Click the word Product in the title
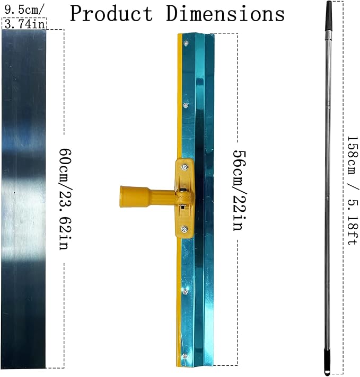pos(111,13)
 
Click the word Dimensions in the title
pos(225,13)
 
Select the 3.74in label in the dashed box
pos(24,24)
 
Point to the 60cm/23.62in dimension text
pos(66,199)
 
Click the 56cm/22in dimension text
pos(239,191)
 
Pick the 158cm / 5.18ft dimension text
pos(353,191)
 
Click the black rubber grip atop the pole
pos(329,16)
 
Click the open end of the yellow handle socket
pos(122,196)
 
